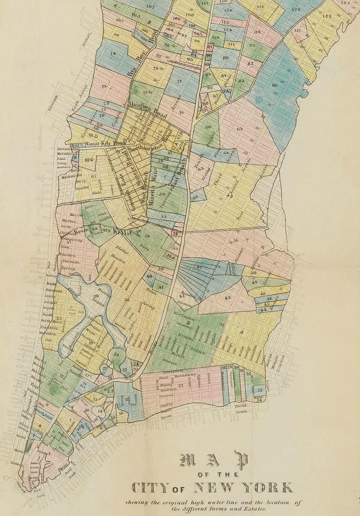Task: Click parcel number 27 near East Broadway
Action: (x=181, y=385)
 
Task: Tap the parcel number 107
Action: (x=150, y=6)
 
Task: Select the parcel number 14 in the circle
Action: (x=99, y=412)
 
